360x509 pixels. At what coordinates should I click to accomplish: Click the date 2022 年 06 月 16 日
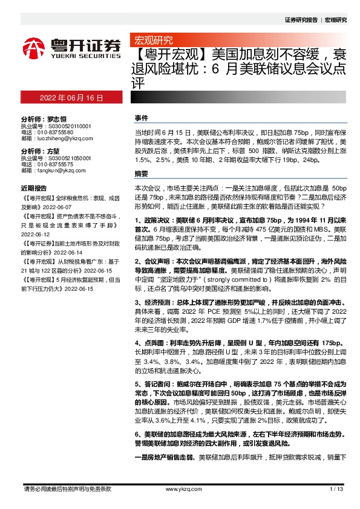pos(70,97)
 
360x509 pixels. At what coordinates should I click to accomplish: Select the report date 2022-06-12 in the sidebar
pos(37,230)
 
